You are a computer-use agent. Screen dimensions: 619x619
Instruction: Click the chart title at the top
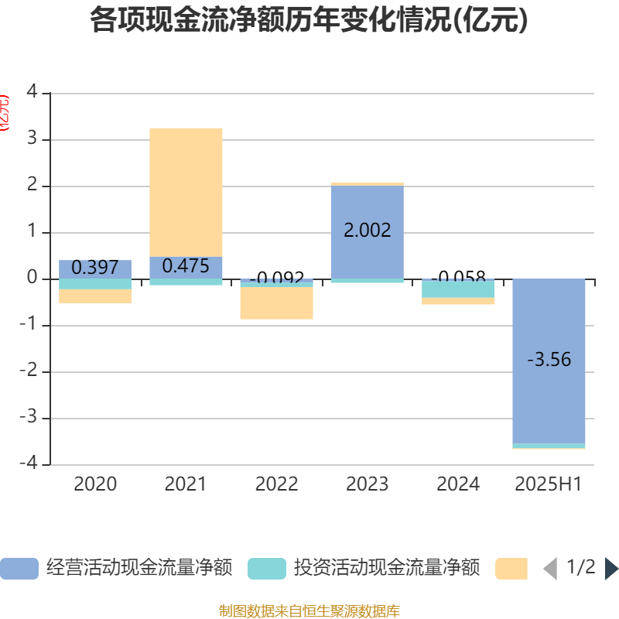[x=309, y=20]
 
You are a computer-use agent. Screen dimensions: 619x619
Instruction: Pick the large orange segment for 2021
[x=186, y=192]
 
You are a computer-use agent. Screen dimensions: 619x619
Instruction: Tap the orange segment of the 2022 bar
[x=276, y=303]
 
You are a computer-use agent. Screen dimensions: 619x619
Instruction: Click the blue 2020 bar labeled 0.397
[x=95, y=268]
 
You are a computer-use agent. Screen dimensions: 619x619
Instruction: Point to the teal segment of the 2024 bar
[x=458, y=289]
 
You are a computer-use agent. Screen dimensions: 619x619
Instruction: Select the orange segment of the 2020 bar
[x=95, y=296]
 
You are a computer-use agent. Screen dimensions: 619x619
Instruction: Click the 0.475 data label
[x=186, y=266]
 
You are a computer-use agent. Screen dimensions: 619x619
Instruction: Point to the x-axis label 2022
[x=276, y=484]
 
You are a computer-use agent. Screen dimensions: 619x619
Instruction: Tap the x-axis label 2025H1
[x=549, y=484]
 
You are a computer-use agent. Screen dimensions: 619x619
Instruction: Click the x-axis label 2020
[x=95, y=484]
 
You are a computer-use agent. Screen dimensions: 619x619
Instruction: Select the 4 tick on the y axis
[x=31, y=92]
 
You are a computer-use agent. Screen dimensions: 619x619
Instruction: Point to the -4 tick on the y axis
[x=29, y=463]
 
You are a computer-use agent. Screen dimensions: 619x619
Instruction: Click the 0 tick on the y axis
[x=31, y=278]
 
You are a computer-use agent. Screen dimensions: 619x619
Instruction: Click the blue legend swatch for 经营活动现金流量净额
[x=19, y=569]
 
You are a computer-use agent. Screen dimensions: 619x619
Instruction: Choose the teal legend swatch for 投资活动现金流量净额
[x=266, y=569]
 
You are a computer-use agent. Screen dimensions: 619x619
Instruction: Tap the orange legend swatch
[x=511, y=569]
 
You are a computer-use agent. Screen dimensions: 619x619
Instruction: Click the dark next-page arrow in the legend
[x=611, y=569]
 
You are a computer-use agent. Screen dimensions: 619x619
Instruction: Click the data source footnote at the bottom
[x=309, y=611]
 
